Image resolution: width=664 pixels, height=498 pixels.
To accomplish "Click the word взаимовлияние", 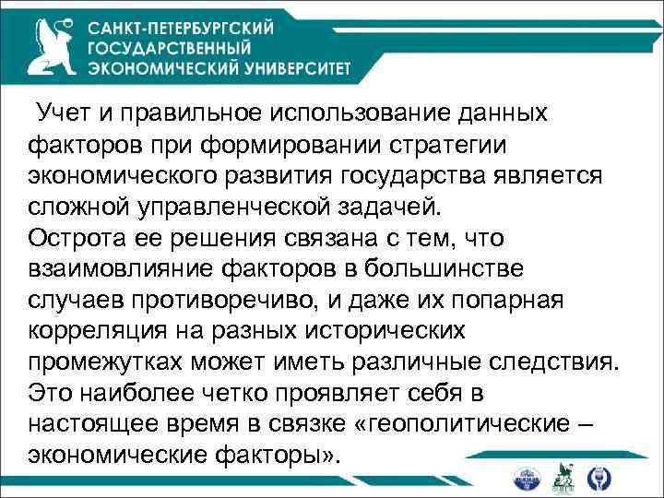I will [x=120, y=268].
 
